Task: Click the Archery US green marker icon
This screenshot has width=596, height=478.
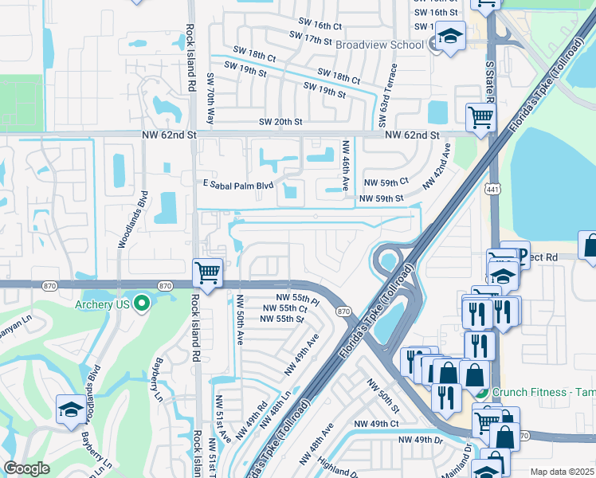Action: pos(142,303)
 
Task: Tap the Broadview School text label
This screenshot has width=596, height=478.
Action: pos(379,45)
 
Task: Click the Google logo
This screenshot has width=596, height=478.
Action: pos(26,468)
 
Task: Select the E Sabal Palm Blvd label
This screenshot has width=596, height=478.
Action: pos(238,185)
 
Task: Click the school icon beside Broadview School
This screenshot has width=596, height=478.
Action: pos(451,36)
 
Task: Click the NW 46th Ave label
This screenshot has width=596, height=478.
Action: pos(346,166)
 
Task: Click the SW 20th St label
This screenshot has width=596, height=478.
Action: pos(280,122)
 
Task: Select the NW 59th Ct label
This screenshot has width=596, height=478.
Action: pos(386,182)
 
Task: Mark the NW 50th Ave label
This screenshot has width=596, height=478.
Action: pos(238,318)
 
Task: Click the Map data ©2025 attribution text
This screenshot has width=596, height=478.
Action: pos(562,472)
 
